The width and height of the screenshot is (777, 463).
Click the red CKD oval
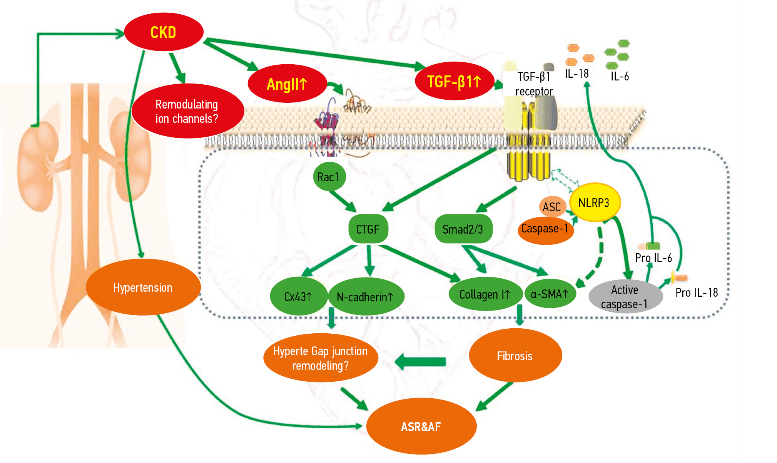164,32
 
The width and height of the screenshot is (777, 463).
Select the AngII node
287,84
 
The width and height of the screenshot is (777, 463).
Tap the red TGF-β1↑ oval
455,81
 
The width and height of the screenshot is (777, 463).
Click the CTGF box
368,229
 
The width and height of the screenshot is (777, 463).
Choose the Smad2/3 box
463,229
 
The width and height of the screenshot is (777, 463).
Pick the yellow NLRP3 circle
594,202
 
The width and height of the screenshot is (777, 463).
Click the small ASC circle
552,207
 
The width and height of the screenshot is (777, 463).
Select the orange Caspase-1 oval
545,230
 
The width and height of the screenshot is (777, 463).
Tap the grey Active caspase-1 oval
625,297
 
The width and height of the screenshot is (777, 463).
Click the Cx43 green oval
298,296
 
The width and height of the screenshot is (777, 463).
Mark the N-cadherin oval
366,297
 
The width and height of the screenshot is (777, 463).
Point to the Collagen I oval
485,294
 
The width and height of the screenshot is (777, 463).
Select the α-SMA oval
550,294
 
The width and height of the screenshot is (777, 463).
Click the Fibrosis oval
515,356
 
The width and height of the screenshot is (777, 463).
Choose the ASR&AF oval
421,426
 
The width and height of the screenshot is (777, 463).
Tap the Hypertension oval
143,287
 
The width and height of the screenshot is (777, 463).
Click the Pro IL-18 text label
697,293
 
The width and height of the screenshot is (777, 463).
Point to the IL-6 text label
620,76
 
